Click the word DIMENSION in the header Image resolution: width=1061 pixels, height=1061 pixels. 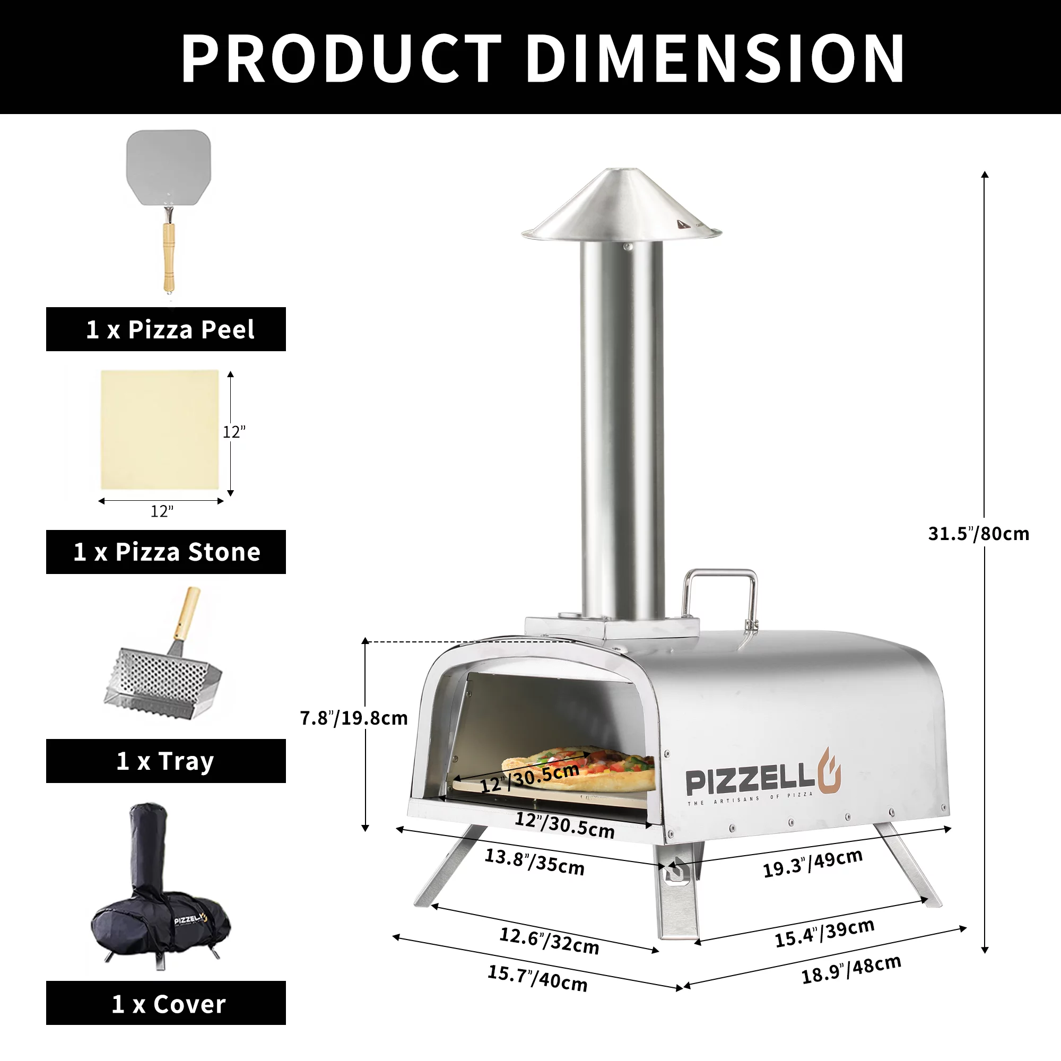tap(715, 58)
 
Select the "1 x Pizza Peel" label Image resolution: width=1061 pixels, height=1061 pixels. tap(170, 329)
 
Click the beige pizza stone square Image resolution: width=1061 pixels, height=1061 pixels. tap(160, 430)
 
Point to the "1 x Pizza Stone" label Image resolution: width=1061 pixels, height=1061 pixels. tap(167, 552)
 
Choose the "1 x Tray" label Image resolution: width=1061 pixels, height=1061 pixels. tap(166, 761)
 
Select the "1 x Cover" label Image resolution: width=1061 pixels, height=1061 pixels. tap(169, 1004)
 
